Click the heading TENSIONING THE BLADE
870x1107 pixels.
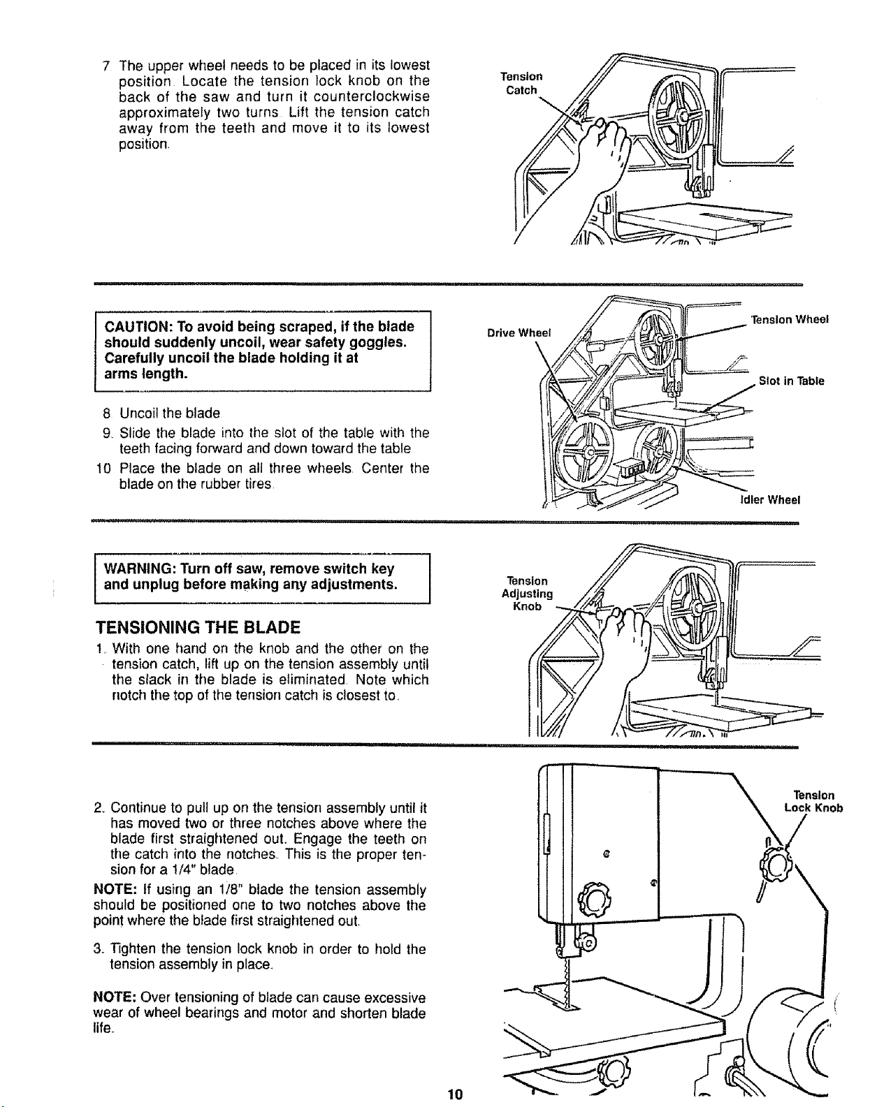[198, 627]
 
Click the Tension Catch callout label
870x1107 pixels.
[521, 83]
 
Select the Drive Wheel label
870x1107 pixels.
[519, 333]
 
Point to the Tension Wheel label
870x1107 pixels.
[790, 319]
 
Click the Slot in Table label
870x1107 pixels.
[792, 381]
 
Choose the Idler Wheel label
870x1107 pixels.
[770, 500]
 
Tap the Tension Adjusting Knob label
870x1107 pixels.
[528, 594]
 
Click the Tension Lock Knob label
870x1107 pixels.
[813, 801]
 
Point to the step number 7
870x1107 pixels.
[106, 66]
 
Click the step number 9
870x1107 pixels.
[106, 433]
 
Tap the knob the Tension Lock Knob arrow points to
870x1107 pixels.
[776, 866]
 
